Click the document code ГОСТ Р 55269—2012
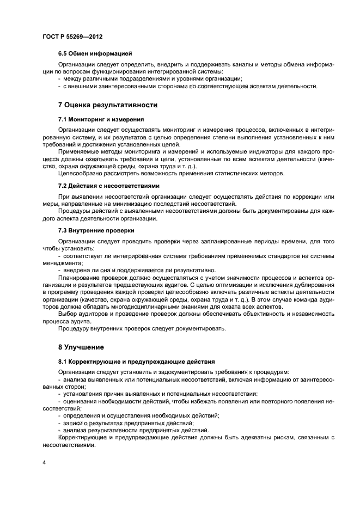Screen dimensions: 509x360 click(x=72, y=36)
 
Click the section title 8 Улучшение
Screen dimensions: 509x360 click(x=81, y=347)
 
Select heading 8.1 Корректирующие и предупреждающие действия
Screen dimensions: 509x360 click(x=137, y=361)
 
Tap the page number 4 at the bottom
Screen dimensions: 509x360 click(x=44, y=463)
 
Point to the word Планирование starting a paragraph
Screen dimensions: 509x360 click(x=81, y=277)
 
